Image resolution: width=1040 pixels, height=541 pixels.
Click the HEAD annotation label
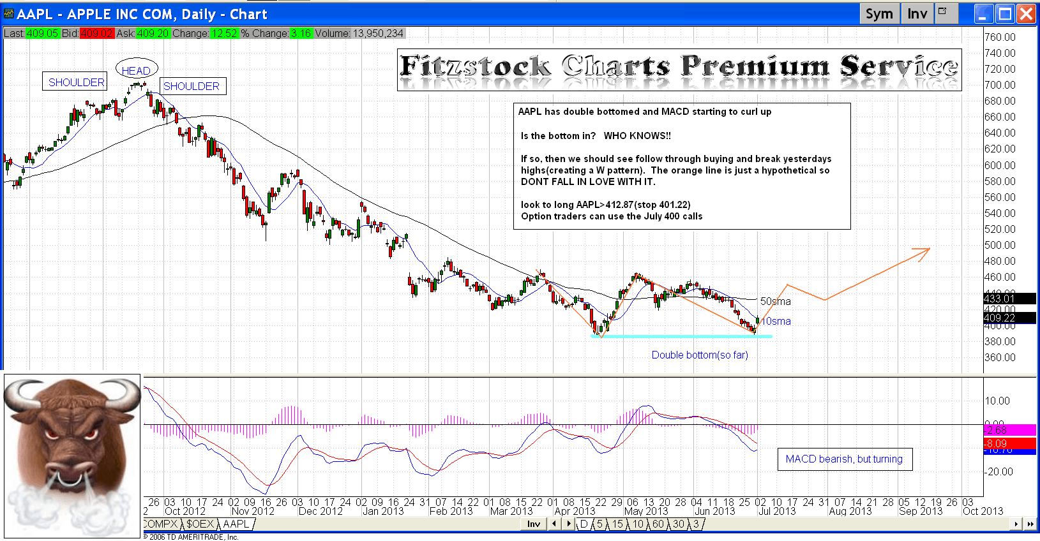pos(136,70)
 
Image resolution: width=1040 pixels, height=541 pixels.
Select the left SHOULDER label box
pos(75,82)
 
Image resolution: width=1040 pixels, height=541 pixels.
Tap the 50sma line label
pos(775,301)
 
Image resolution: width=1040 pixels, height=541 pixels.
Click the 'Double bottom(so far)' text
pos(700,355)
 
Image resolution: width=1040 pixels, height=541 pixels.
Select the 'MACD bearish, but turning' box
pos(844,459)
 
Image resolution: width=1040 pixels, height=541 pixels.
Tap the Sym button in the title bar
pos(879,14)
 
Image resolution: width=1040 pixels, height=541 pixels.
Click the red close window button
pos(1026,14)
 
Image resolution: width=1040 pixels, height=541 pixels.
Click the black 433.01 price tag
pos(1009,299)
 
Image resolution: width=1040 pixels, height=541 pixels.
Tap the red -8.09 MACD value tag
pos(1009,443)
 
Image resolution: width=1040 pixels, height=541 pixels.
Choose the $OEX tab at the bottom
pos(200,524)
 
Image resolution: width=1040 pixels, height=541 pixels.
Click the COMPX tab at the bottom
pos(160,524)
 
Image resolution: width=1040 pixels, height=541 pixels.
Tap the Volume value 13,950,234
pos(377,33)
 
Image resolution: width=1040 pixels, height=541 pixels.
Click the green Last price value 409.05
pos(42,33)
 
